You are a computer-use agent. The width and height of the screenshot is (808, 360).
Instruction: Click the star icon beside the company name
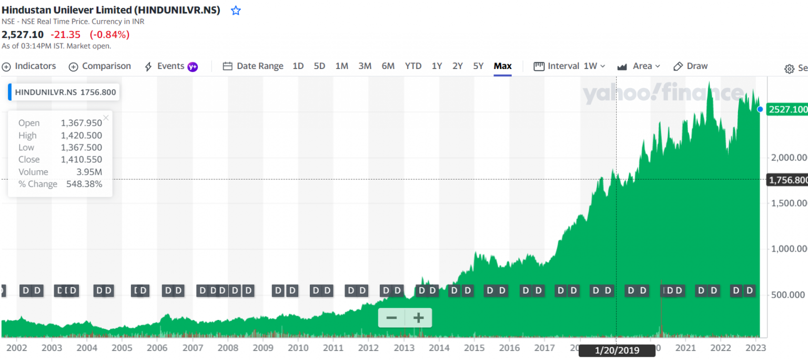click(x=236, y=11)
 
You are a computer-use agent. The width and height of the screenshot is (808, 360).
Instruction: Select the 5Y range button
click(x=478, y=66)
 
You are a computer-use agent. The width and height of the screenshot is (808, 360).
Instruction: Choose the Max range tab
click(x=502, y=66)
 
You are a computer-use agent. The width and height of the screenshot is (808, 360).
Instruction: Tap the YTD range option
click(x=413, y=66)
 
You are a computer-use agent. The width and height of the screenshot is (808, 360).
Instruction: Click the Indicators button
click(x=29, y=66)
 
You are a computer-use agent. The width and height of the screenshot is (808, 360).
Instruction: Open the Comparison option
click(x=100, y=66)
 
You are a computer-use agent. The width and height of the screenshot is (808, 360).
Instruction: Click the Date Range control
click(x=253, y=66)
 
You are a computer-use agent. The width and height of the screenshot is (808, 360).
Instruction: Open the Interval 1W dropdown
click(x=570, y=66)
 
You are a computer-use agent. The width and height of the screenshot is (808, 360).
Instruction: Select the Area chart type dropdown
click(x=639, y=66)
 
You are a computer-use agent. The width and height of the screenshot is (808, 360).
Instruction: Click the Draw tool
click(x=691, y=66)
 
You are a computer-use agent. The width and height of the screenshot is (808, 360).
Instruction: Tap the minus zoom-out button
click(x=391, y=318)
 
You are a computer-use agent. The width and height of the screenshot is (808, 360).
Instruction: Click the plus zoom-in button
click(x=418, y=318)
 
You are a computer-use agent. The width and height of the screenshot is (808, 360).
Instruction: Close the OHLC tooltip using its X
click(x=106, y=118)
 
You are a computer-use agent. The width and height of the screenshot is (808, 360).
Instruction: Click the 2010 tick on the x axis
click(x=298, y=348)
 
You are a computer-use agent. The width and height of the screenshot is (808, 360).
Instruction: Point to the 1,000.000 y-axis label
click(x=789, y=249)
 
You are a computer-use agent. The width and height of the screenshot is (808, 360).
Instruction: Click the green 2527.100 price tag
click(x=787, y=109)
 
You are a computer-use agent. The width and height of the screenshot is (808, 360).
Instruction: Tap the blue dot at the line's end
click(x=760, y=109)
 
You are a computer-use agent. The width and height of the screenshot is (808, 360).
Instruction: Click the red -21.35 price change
click(x=65, y=35)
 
